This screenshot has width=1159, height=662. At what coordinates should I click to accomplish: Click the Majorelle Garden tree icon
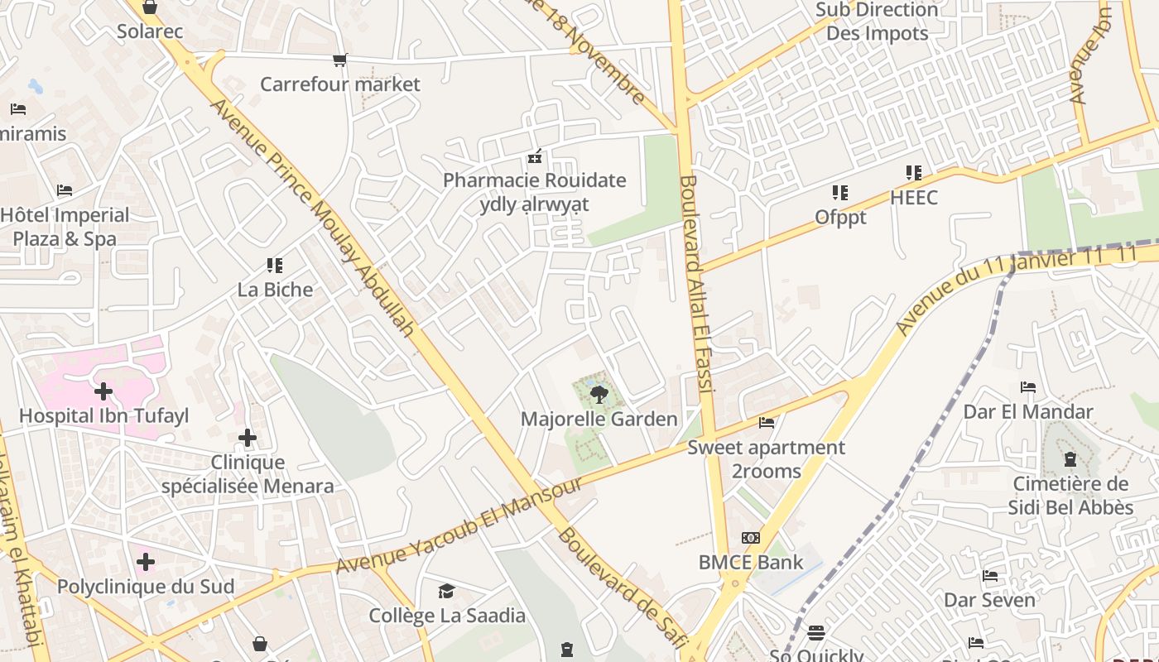(x=599, y=394)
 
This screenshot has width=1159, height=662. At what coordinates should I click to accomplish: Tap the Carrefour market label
(x=340, y=84)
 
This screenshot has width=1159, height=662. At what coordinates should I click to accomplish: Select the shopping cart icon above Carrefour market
(x=339, y=60)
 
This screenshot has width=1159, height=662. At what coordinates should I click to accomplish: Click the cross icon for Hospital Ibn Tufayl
(x=103, y=391)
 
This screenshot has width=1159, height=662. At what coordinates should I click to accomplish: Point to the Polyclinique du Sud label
(x=146, y=587)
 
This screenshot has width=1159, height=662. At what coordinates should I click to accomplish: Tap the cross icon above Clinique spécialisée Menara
(x=247, y=438)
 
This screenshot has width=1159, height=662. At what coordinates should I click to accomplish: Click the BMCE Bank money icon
(x=751, y=538)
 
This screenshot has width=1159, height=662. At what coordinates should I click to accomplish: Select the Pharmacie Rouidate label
(x=535, y=180)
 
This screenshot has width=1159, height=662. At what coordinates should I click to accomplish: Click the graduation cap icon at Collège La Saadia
(x=446, y=591)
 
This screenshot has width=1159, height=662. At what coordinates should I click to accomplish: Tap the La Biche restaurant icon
(x=275, y=266)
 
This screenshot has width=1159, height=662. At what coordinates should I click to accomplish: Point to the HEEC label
(x=914, y=198)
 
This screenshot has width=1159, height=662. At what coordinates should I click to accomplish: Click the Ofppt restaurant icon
(x=840, y=193)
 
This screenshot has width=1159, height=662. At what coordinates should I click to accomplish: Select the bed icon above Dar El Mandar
(x=1028, y=386)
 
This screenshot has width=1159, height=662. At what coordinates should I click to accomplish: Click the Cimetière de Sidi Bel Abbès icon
(x=1070, y=459)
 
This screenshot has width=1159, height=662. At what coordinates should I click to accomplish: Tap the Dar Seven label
(x=990, y=600)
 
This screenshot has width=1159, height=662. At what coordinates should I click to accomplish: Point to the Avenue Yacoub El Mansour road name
(x=460, y=526)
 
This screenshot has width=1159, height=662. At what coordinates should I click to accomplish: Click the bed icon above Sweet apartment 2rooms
(x=767, y=423)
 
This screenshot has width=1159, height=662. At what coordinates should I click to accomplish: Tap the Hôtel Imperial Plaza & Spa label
(x=65, y=227)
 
